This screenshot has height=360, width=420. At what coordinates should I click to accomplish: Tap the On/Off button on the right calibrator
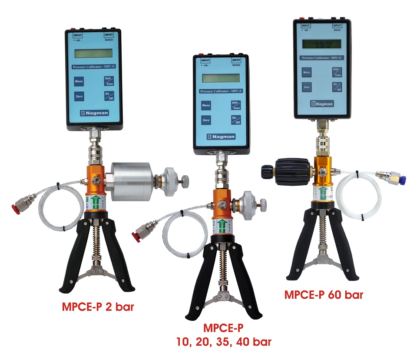[337, 87]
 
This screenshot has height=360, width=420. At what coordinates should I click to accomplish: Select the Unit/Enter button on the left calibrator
[109, 80]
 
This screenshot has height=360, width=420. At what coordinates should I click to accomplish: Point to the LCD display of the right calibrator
[322, 43]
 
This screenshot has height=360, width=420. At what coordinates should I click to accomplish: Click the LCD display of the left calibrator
[93, 53]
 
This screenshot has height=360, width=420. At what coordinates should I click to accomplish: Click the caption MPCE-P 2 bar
[97, 308]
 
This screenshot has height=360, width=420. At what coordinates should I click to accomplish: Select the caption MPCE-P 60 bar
[324, 294]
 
